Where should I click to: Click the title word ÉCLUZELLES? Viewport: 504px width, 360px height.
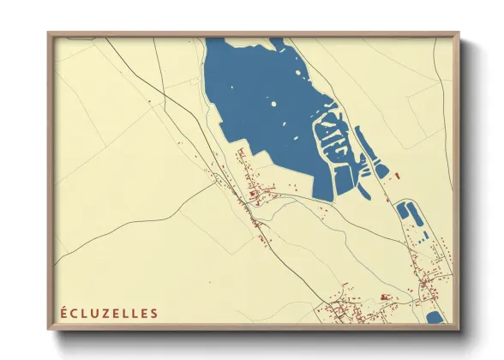point(109,313)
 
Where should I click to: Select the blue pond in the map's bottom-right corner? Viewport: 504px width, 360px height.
point(433,318)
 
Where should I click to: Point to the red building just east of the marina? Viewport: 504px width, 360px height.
point(398,175)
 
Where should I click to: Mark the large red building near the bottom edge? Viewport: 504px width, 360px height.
point(385,297)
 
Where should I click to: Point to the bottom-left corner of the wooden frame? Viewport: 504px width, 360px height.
point(49,329)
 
